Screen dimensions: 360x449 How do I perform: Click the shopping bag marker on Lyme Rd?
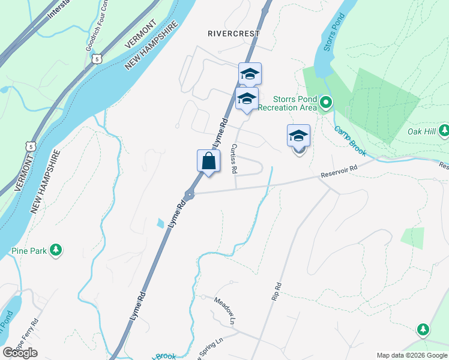tap(208, 161)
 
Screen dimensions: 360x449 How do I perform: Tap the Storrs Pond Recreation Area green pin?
tap(325, 103)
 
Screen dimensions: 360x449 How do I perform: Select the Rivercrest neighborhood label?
tap(234, 34)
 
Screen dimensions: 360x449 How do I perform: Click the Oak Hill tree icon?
tap(444, 130)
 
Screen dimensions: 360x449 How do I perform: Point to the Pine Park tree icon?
tap(56, 250)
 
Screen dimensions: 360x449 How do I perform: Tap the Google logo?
tap(20, 353)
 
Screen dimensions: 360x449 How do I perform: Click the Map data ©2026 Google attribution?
tap(412, 355)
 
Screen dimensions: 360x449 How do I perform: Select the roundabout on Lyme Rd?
tap(190, 194)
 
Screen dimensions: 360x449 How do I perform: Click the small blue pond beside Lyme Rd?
tap(160, 224)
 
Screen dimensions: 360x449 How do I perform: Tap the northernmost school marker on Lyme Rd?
tap(250, 74)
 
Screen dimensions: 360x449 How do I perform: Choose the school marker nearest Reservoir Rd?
tap(298, 137)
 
